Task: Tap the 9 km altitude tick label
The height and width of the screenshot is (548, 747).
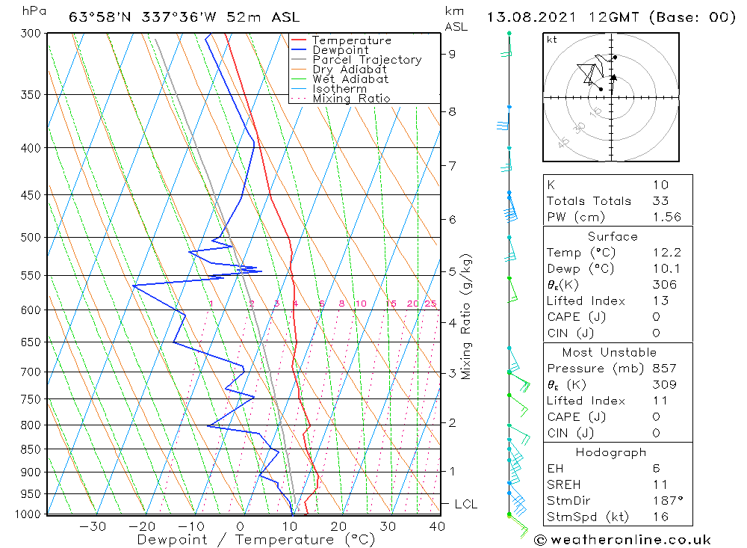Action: [453, 54]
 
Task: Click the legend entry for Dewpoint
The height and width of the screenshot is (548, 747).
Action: [340, 50]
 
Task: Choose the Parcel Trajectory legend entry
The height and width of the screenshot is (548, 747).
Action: [366, 60]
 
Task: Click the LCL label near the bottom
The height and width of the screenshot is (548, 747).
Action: [465, 505]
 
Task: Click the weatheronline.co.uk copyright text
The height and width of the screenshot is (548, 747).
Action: [622, 540]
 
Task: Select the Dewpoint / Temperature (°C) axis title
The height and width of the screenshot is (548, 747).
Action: [245, 540]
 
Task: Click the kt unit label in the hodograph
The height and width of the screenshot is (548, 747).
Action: [551, 40]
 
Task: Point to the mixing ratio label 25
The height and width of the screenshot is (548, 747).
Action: [430, 304]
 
